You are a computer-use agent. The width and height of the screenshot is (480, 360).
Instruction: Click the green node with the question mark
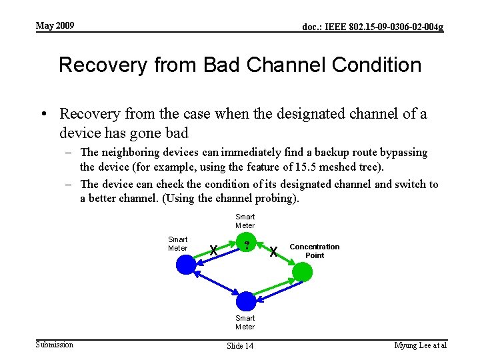247,246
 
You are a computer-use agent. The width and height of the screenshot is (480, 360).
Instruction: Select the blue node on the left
186,265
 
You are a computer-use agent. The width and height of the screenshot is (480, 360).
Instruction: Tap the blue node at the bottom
245,301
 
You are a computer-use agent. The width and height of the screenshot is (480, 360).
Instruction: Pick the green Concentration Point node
302,272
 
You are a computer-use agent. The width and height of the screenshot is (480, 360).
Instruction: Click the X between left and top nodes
213,251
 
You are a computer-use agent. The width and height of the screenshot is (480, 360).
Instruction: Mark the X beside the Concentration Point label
273,251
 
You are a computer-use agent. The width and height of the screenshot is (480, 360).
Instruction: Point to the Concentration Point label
314,251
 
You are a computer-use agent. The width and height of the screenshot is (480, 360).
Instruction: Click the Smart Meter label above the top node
245,221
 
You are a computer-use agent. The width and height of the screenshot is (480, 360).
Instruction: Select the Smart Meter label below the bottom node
245,323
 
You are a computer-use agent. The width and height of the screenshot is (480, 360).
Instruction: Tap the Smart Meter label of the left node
177,243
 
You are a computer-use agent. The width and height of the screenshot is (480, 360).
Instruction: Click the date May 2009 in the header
55,26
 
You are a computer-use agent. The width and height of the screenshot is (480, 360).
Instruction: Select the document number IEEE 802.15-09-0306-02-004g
373,27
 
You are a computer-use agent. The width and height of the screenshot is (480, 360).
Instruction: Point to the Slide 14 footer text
240,345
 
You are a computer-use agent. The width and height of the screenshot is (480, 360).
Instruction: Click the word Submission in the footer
54,344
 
